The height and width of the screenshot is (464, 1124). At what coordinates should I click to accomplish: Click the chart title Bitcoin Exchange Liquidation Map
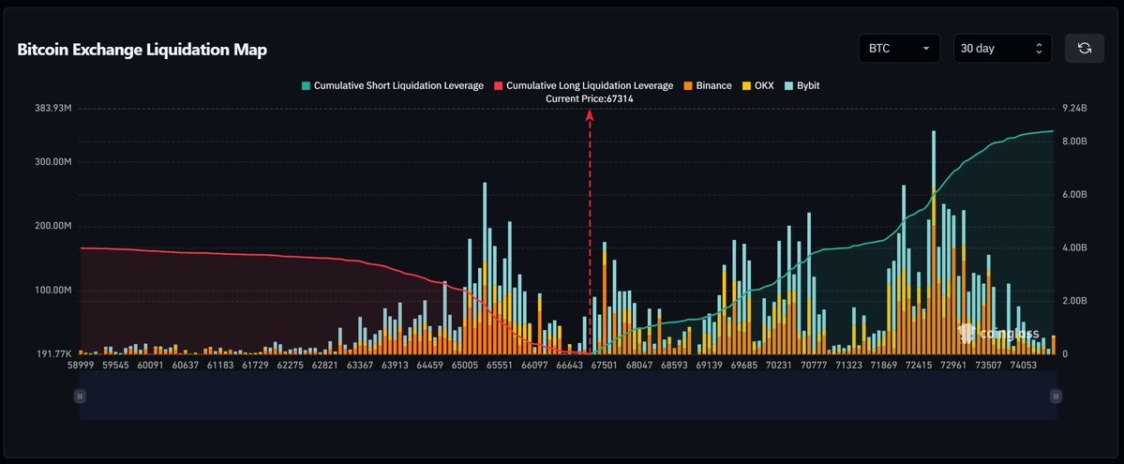click(142, 50)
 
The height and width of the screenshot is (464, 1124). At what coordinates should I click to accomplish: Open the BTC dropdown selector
click(898, 49)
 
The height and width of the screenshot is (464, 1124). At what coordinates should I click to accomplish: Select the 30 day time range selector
click(1001, 49)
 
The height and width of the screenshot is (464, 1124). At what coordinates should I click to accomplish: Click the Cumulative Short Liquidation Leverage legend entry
click(392, 85)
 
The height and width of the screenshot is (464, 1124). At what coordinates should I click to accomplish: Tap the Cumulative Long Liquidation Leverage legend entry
click(583, 85)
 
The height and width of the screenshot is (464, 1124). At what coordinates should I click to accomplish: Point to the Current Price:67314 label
click(590, 98)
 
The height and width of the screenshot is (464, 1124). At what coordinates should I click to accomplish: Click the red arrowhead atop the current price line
click(590, 114)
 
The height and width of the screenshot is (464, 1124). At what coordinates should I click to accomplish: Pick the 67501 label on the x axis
click(612, 366)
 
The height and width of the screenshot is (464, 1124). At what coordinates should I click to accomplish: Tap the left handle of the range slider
click(80, 397)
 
